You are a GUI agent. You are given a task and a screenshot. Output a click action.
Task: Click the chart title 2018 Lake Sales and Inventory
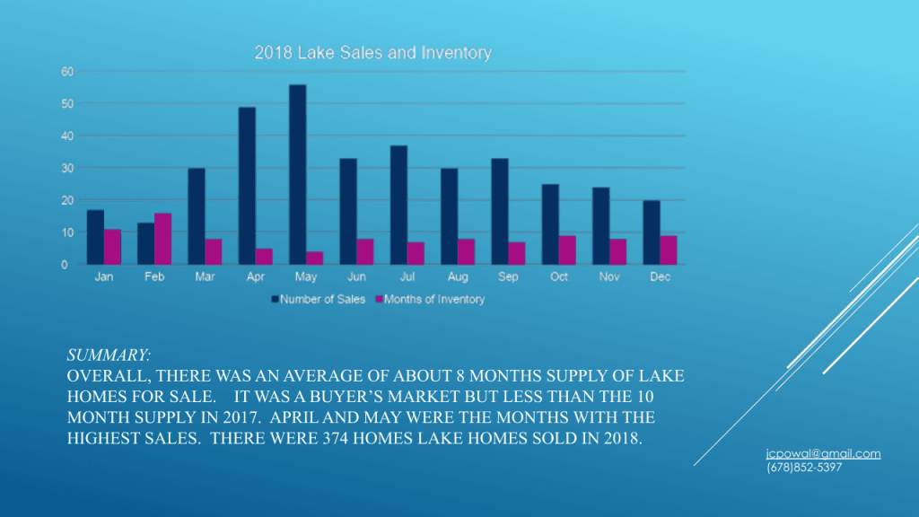372,53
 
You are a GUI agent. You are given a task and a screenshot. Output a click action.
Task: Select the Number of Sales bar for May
297,174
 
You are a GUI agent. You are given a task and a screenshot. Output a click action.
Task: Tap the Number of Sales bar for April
247,186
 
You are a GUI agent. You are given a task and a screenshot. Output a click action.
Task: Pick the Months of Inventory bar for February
162,239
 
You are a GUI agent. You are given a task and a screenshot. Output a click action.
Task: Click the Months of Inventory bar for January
112,247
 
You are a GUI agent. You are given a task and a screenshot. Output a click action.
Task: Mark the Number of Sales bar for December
652,232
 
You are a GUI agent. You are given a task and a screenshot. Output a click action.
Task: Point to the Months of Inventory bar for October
567,250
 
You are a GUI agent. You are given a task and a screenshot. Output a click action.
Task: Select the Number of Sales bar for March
197,216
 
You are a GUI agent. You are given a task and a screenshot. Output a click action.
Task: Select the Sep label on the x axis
508,277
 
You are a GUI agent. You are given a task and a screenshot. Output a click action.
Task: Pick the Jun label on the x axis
356,277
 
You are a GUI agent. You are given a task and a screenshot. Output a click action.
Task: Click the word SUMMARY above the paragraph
109,356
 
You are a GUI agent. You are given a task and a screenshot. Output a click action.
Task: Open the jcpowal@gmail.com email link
823,454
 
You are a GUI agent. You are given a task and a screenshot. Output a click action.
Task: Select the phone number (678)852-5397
804,468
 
